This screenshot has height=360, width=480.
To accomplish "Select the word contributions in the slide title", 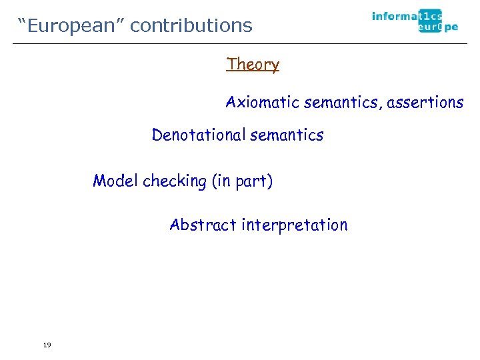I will (x=191, y=25).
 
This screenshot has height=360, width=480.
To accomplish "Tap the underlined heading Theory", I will (x=253, y=65).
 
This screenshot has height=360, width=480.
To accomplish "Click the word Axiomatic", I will (x=262, y=103).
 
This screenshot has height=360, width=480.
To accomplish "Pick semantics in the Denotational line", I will (x=285, y=135).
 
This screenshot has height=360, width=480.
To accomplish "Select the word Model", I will (x=115, y=181).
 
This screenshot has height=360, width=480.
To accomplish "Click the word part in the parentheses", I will (x=253, y=181).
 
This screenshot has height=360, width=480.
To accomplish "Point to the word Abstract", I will (x=203, y=225).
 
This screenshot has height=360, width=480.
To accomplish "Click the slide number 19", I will (x=46, y=345).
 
